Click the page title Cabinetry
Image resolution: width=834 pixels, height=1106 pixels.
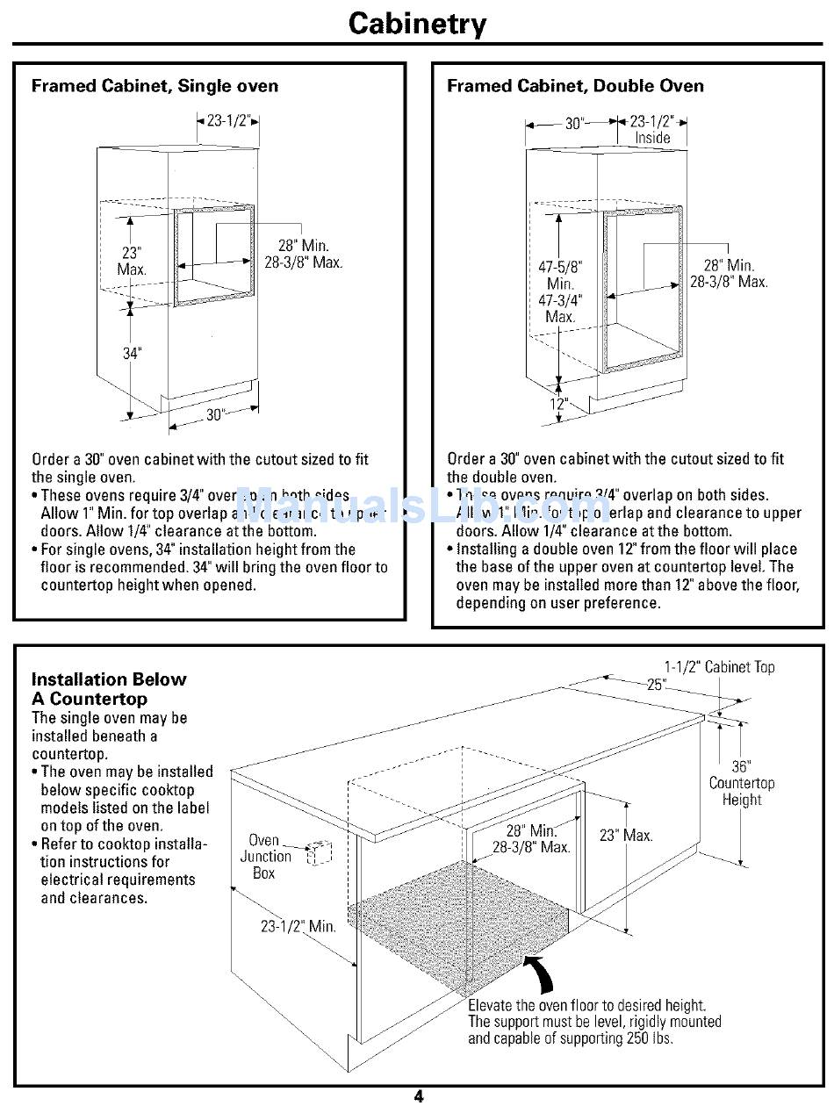point(417,23)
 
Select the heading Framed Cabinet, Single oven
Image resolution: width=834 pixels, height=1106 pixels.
point(155,86)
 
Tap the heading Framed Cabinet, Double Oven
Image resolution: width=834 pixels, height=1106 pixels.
point(575,86)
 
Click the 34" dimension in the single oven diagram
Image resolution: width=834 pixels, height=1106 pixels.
point(131,354)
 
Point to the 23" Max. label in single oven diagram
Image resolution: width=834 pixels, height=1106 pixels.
point(132,261)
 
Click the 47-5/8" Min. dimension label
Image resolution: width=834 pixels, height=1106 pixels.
point(560,275)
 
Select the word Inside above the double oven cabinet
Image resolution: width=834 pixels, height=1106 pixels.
point(652,138)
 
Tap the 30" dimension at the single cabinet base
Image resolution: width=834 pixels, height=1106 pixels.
point(215,415)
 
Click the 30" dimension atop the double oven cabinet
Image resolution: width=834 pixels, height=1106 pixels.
point(574,124)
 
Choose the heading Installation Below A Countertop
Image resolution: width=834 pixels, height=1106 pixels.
point(109,689)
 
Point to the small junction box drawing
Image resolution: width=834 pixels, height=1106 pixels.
point(319,851)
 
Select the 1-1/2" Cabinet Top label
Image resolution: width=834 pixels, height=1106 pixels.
point(719,667)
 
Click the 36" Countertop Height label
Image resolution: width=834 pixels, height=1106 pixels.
point(742,783)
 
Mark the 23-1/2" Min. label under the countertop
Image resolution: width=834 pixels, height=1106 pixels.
point(298,925)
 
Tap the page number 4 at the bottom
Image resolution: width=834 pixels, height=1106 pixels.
point(418,1095)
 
